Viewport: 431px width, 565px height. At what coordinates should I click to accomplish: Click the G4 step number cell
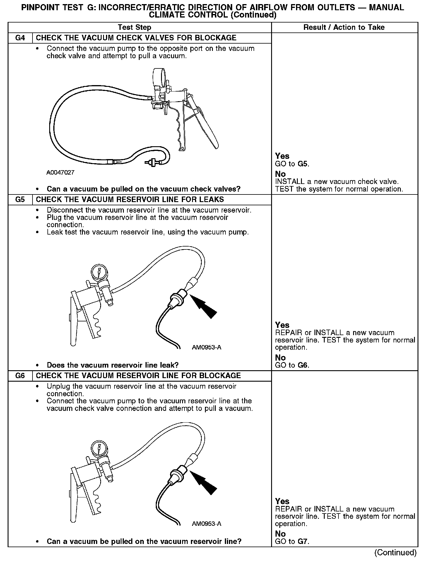20,38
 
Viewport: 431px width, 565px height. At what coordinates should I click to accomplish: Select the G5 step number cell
20,200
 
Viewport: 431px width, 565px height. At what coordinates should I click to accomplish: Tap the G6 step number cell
20,376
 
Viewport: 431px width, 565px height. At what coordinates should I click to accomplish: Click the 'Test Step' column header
134,27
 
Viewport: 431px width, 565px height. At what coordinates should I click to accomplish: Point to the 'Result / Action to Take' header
344,27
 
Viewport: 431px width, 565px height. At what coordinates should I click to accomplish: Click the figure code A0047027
60,173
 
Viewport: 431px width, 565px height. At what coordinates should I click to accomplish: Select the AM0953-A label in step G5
206,347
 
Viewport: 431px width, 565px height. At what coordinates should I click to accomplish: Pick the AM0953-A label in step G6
206,524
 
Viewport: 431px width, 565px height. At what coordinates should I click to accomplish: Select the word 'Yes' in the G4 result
282,156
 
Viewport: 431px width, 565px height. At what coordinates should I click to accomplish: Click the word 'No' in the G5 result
280,358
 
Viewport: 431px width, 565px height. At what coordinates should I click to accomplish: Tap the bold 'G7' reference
303,541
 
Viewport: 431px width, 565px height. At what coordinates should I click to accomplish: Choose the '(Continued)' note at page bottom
395,552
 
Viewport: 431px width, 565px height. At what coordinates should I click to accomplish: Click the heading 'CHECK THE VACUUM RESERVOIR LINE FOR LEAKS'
130,200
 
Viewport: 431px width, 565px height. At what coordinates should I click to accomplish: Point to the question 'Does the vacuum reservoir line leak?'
113,365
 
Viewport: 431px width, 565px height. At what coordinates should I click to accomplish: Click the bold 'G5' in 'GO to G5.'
303,164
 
